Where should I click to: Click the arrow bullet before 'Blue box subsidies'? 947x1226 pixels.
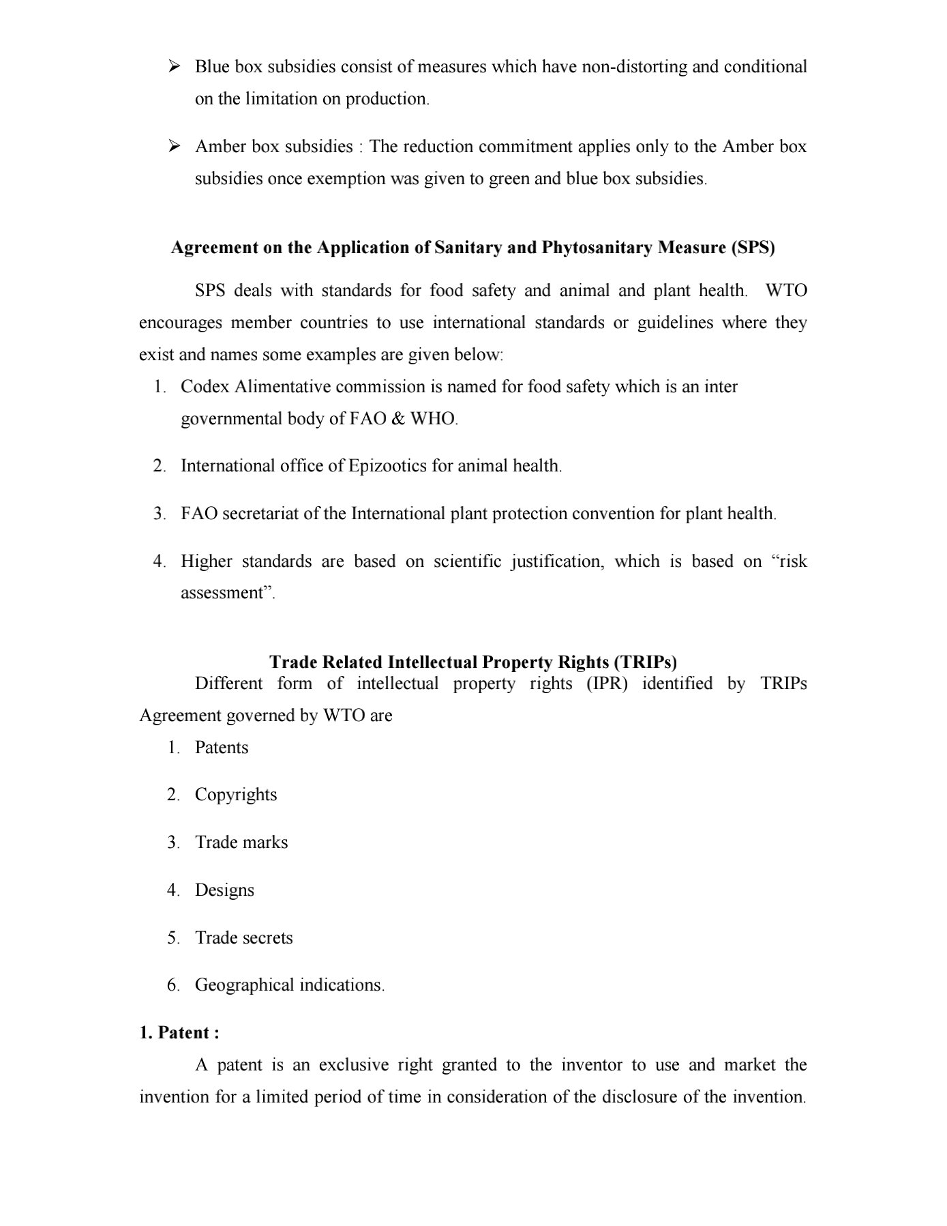tap(174, 66)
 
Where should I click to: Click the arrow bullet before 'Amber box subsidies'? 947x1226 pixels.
tap(174, 146)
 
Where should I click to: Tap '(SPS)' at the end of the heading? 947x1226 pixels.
tap(753, 247)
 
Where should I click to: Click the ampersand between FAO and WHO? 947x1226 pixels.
tap(398, 419)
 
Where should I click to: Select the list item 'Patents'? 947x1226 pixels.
tap(222, 748)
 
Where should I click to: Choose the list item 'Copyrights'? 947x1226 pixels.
tap(236, 796)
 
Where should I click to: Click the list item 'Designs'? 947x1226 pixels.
tap(224, 890)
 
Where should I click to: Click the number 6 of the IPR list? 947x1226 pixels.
tap(172, 986)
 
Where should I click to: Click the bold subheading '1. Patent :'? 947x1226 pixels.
tap(179, 1033)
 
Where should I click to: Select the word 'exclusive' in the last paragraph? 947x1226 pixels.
tap(353, 1065)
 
